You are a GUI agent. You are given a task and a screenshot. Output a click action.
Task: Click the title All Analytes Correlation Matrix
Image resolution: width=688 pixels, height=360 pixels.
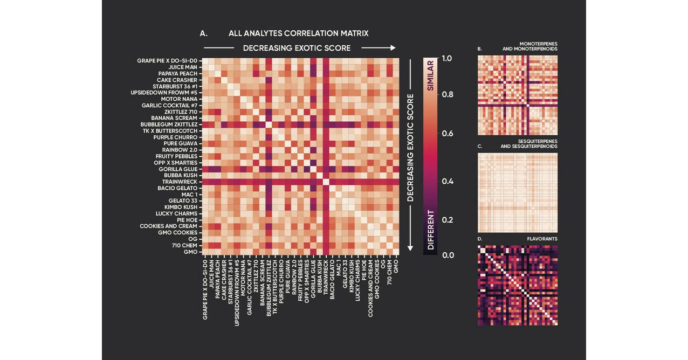click(298, 33)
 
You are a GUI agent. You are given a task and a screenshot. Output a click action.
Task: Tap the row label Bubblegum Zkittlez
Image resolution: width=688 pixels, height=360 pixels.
click(169, 124)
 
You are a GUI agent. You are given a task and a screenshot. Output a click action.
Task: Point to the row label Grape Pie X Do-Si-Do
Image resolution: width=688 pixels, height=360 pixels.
click(167, 61)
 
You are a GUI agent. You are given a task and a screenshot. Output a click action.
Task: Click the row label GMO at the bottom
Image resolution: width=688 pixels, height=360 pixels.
click(190, 252)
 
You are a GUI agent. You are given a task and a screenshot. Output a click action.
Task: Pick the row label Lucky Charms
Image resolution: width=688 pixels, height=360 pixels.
click(176, 213)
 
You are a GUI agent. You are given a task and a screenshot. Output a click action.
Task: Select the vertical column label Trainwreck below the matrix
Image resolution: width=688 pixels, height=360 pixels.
click(326, 278)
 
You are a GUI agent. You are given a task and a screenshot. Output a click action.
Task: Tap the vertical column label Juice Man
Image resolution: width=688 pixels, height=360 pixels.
click(211, 275)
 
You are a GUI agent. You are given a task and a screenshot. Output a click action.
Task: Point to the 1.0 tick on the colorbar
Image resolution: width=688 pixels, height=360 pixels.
click(447, 58)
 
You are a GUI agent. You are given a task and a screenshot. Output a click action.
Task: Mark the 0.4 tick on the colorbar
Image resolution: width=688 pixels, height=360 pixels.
click(447, 182)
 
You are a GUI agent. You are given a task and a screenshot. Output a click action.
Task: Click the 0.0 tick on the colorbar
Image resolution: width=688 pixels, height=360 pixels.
click(447, 255)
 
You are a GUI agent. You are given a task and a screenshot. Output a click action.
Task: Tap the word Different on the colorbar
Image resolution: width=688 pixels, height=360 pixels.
click(431, 230)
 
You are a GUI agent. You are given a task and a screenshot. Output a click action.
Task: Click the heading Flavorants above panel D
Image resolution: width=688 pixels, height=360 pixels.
click(542, 238)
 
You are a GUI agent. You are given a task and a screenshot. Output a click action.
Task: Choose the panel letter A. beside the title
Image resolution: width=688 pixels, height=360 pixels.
click(204, 33)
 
